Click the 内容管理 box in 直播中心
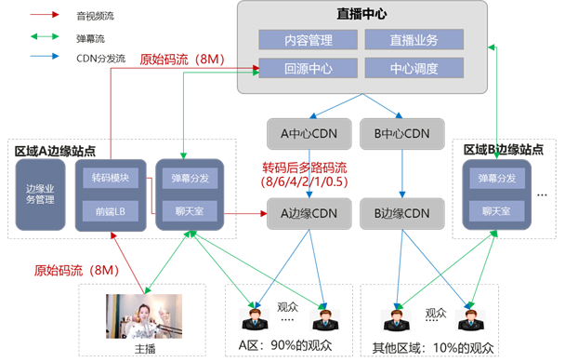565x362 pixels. point(309,40)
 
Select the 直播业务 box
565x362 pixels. point(414,40)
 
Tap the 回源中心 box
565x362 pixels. point(309,68)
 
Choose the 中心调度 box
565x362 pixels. point(414,68)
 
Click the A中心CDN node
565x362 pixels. point(309,134)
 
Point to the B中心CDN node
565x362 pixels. point(402,134)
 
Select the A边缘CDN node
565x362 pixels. point(309,214)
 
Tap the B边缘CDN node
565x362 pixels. point(402,214)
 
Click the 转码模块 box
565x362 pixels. point(111,178)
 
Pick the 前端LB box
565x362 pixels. point(111,211)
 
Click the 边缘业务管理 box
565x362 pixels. point(40,194)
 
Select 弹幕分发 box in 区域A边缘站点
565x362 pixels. point(190,179)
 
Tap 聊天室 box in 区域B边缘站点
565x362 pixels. point(497,211)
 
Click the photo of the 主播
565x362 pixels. point(144,316)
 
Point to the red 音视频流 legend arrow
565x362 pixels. point(45,15)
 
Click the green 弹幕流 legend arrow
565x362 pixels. point(45,36)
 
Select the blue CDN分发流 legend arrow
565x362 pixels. point(45,57)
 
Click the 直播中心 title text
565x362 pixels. point(362,14)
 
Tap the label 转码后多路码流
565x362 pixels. point(305,168)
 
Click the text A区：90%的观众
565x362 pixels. point(285,345)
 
